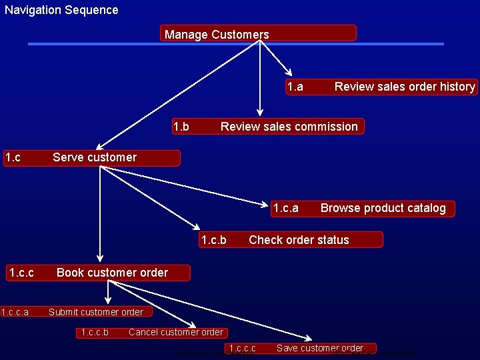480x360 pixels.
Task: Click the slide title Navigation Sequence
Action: pos(61,10)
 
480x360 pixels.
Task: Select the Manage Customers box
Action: pos(217,35)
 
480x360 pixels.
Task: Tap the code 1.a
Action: pos(295,87)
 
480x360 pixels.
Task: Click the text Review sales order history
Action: pos(405,87)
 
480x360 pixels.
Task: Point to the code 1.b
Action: pos(181,127)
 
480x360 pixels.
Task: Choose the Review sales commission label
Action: pos(289,127)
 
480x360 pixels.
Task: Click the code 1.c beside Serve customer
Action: pos(13,157)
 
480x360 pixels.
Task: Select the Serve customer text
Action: pos(94,157)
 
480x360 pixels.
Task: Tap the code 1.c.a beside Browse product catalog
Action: pos(285,208)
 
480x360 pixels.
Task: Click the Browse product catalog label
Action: pos(383,208)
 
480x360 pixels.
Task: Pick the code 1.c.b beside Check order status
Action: pos(213,240)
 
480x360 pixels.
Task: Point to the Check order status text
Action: pos(299,240)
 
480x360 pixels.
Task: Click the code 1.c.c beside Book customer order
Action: pos(21,272)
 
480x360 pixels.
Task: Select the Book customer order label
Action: pos(112,272)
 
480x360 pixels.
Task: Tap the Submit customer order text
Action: pos(95,312)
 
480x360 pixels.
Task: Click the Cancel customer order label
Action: pos(176,332)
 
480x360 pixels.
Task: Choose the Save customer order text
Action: pos(320,348)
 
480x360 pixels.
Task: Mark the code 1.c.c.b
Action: pos(94,332)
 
